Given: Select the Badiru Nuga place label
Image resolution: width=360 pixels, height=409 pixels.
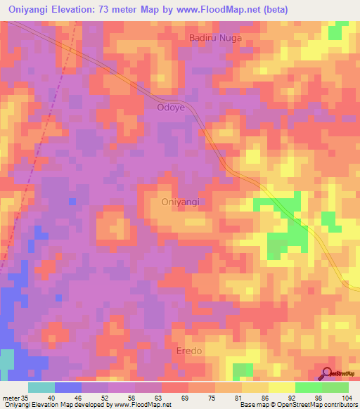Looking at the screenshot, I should click(214, 38).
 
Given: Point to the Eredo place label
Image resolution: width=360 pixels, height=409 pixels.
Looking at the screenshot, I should click(189, 349).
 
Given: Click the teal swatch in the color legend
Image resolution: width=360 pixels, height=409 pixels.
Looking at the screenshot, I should click(41, 387).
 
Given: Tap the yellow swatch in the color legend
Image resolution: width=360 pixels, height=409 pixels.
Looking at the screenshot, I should click(281, 387).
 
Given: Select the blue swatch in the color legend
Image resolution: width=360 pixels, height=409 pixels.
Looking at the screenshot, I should click(68, 387).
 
